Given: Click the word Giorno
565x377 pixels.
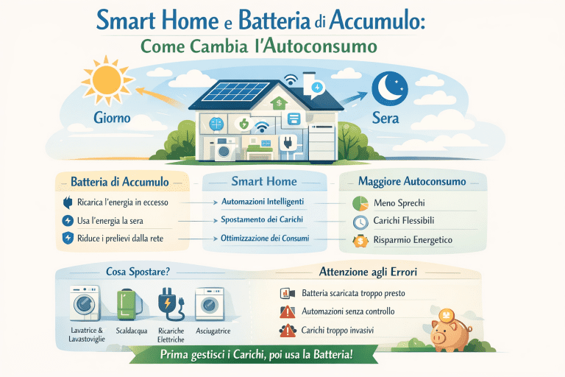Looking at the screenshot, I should (x=112, y=117).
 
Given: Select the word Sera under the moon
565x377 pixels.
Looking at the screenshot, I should (x=386, y=117).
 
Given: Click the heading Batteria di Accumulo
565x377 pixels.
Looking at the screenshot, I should (x=119, y=182).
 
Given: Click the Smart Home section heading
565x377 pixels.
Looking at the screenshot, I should (x=263, y=181).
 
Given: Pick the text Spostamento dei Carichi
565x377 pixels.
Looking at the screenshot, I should (x=262, y=220).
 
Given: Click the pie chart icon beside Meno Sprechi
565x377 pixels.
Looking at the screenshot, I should (x=360, y=202).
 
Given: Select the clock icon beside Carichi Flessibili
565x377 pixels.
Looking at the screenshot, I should (x=360, y=222).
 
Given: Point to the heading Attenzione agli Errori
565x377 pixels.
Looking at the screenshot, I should (x=369, y=272).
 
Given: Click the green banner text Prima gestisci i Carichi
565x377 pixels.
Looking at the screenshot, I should (x=255, y=355).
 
